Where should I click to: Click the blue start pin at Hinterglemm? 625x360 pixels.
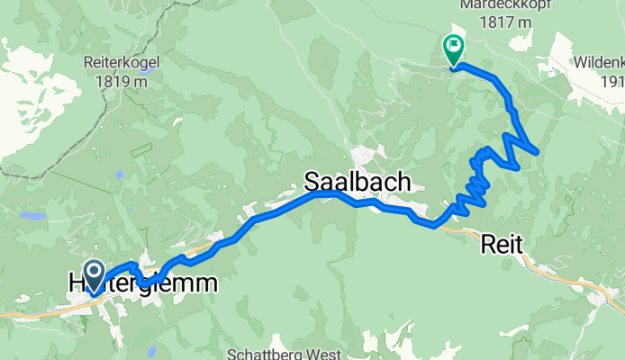[94, 271]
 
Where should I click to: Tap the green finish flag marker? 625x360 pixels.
[452, 47]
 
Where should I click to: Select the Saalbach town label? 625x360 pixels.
[358, 183]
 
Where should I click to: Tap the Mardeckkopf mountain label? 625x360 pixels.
[495, 4]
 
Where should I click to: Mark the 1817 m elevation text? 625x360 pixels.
[494, 21]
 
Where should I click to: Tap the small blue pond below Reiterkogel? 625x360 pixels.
[119, 175]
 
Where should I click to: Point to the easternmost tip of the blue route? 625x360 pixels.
[538, 151]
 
